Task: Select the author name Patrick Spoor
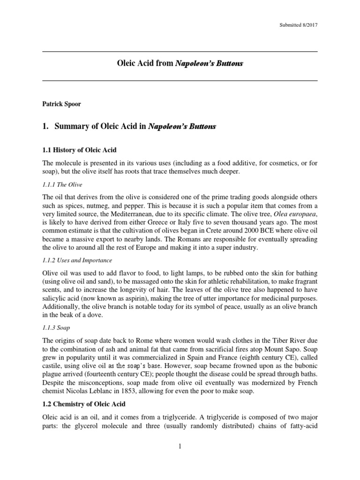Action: [61, 104]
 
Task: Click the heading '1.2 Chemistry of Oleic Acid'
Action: [83, 404]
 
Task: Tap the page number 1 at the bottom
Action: [180, 447]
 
